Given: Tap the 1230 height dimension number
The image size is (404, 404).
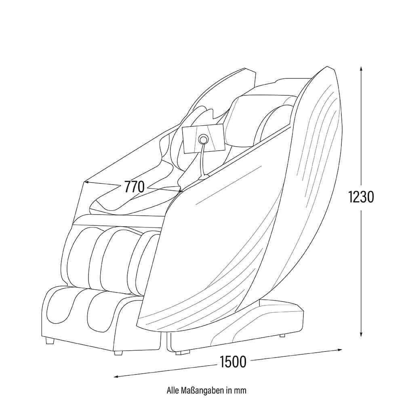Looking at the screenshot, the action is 361,197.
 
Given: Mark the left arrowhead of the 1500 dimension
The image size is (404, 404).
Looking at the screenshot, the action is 116,377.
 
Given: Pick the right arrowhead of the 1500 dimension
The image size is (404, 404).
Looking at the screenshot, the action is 340,349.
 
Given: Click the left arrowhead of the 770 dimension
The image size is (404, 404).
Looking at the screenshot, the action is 86,182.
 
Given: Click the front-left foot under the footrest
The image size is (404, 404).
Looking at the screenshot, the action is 49,341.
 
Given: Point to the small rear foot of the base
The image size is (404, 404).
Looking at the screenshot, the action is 282,335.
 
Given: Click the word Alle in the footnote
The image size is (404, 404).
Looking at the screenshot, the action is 172,390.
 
